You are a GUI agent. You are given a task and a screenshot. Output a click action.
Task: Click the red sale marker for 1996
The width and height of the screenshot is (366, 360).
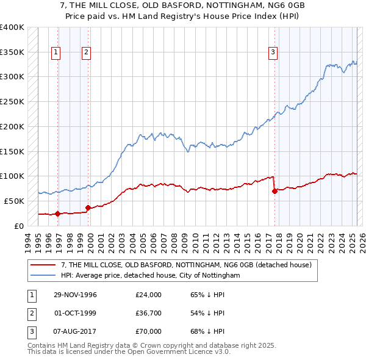[58, 214]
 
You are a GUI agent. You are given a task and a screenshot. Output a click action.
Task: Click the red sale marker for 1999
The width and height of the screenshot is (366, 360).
[88, 207]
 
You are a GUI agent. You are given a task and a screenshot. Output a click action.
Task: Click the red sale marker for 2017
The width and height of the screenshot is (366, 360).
[274, 191]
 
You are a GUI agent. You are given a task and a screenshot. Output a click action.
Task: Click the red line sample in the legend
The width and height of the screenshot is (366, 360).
[43, 265]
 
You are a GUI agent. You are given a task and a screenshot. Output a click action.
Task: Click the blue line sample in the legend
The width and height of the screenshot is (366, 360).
[43, 275]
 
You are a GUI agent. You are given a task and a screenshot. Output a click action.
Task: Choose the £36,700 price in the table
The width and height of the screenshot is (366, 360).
[149, 313]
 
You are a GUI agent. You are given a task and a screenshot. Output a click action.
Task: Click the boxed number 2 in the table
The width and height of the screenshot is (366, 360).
[30, 313]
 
